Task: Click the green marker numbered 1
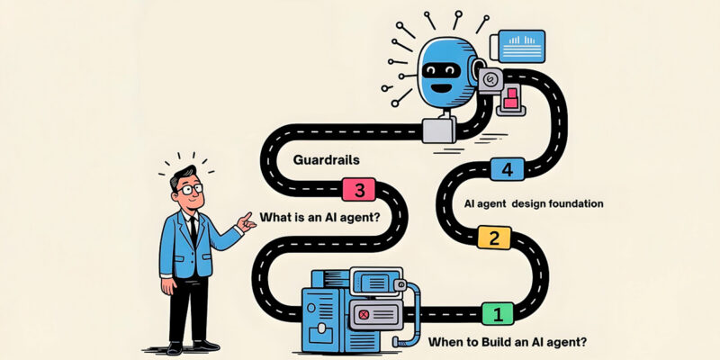coord(498,314)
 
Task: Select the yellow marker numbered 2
coord(494,238)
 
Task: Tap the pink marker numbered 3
coord(358,190)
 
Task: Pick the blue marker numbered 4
coord(508,169)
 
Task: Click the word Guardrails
coord(326,160)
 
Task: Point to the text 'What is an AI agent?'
coord(319,217)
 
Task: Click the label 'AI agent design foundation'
coord(534,203)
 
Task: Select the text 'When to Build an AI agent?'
coord(507,342)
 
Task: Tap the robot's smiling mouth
coord(440,86)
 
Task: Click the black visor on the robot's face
coord(441,70)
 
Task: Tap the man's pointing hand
coord(247,222)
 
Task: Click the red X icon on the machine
coord(364,314)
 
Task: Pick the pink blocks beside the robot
coord(510,98)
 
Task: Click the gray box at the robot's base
coord(439,130)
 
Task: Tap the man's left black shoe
coord(174,347)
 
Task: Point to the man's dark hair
coord(183,175)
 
